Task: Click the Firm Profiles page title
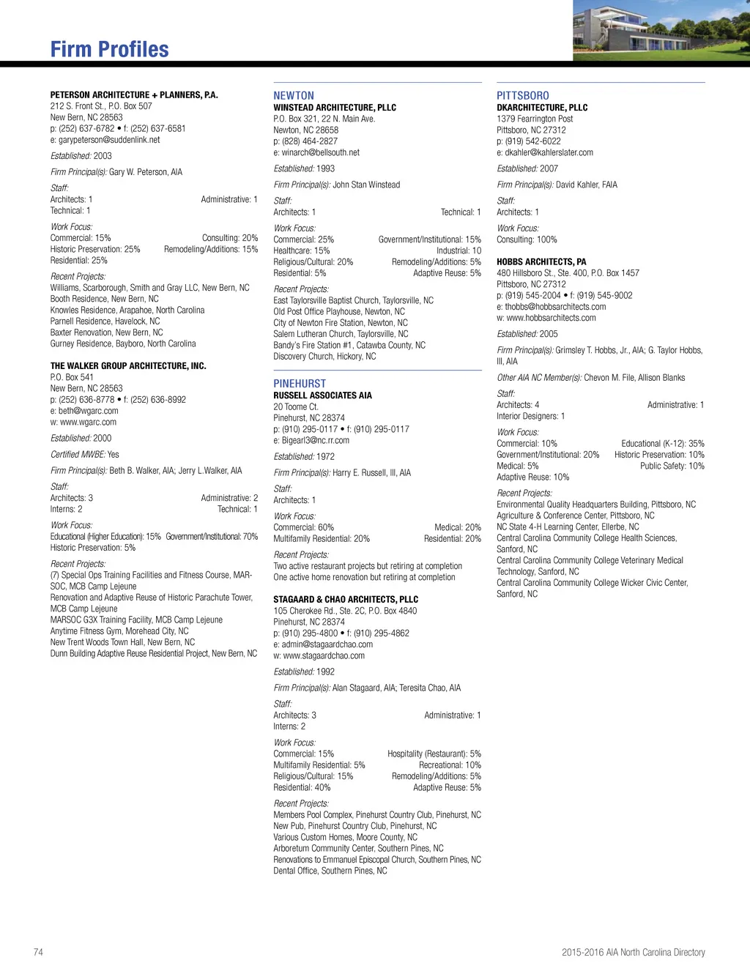[x=109, y=49]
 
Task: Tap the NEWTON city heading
[x=294, y=95]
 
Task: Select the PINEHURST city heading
[x=300, y=383]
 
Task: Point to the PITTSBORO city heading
[x=523, y=95]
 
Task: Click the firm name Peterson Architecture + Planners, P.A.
[x=134, y=95]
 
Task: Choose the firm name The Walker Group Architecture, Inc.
[x=128, y=365]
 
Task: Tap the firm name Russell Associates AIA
[x=322, y=395]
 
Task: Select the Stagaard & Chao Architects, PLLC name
[x=346, y=599]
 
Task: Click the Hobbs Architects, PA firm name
[x=541, y=261]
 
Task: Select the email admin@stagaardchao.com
[x=327, y=644]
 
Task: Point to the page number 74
[x=38, y=952]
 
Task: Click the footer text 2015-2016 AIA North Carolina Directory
[x=633, y=952]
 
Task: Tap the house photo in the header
[x=661, y=30]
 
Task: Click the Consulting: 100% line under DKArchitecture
[x=527, y=239]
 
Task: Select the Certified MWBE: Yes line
[x=84, y=454]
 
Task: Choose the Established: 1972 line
[x=304, y=456]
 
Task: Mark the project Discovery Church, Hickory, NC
[x=324, y=357]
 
